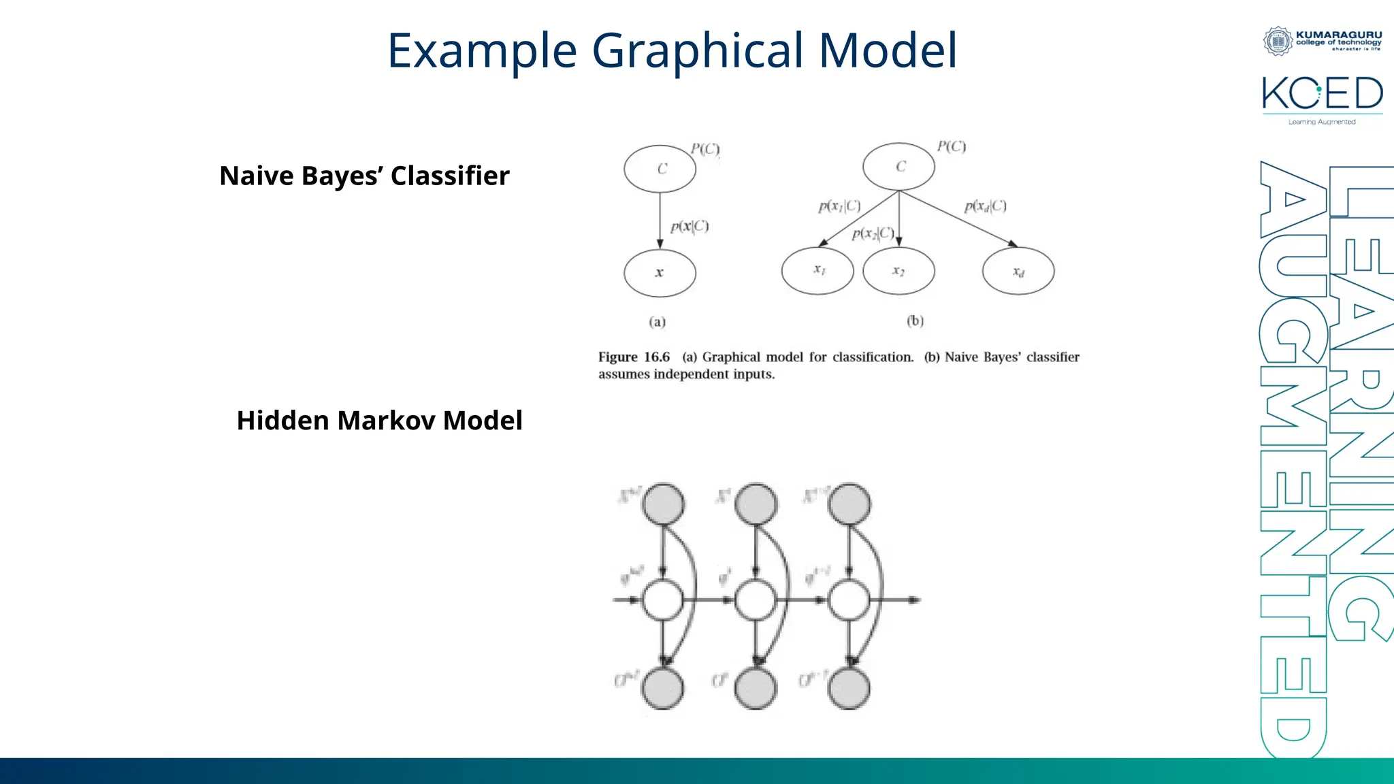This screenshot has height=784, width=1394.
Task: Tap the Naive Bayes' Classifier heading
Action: click(364, 176)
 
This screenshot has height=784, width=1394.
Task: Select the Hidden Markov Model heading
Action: click(379, 421)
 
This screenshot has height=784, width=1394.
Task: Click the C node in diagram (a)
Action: click(660, 169)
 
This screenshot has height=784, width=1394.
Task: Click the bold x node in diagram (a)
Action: click(660, 273)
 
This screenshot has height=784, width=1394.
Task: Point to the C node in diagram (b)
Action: click(898, 166)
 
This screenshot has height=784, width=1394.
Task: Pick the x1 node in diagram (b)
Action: click(817, 270)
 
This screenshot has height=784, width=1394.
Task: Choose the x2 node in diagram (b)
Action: click(898, 271)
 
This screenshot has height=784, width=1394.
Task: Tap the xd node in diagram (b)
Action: click(1018, 271)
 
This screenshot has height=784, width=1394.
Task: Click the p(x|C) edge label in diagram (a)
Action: click(689, 227)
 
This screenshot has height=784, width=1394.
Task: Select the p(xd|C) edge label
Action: click(985, 206)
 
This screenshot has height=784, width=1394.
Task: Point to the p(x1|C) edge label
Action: click(839, 206)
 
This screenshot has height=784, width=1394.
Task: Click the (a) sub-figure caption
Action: click(657, 321)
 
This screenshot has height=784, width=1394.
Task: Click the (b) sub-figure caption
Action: click(915, 321)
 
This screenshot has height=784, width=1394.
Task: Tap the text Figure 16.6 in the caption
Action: click(634, 357)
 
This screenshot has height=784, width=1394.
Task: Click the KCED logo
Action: click(1322, 95)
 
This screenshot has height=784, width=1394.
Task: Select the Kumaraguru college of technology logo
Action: click(1322, 40)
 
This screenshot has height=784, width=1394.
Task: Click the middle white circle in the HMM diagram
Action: click(756, 600)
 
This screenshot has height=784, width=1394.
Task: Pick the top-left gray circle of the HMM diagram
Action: click(664, 504)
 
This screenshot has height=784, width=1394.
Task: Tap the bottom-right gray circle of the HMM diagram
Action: click(849, 688)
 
